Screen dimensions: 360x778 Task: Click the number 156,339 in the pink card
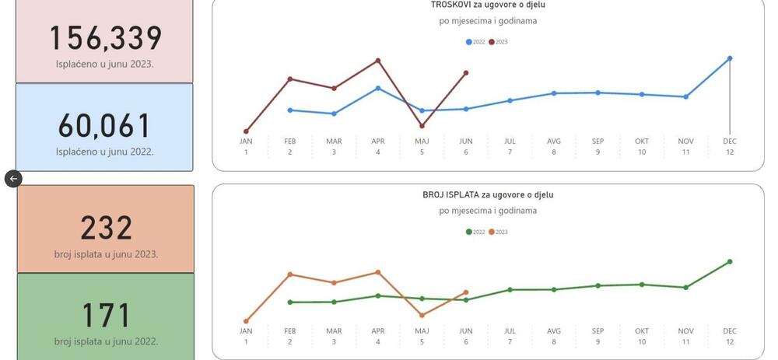pos(106,39)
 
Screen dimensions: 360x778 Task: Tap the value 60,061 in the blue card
pos(105,126)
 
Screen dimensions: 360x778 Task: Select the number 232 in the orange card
pos(106,229)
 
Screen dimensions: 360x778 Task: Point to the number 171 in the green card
pos(106,316)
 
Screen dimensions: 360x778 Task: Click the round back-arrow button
pos(13,179)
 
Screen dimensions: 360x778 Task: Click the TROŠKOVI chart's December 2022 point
pos(730,58)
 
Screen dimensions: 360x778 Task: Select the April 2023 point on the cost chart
pos(378,60)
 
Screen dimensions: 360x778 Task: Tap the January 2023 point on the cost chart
pos(246,131)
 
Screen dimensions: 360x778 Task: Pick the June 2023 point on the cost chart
pos(466,73)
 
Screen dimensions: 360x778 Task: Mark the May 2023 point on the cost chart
pos(422,126)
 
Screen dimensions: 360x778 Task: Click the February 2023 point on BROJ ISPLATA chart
pos(290,274)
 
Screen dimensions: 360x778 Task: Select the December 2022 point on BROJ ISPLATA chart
pos(730,262)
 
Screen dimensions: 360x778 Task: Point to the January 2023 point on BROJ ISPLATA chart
pos(246,321)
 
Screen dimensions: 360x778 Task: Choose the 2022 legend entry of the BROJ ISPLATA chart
pos(475,232)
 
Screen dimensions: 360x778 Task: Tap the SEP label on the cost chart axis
pos(598,142)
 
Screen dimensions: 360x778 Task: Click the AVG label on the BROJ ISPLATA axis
pos(554,331)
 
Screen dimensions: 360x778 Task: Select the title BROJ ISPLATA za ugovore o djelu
pos(488,195)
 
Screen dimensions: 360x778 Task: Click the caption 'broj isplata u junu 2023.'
pos(106,254)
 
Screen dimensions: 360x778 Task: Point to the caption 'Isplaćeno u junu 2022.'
pos(105,152)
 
